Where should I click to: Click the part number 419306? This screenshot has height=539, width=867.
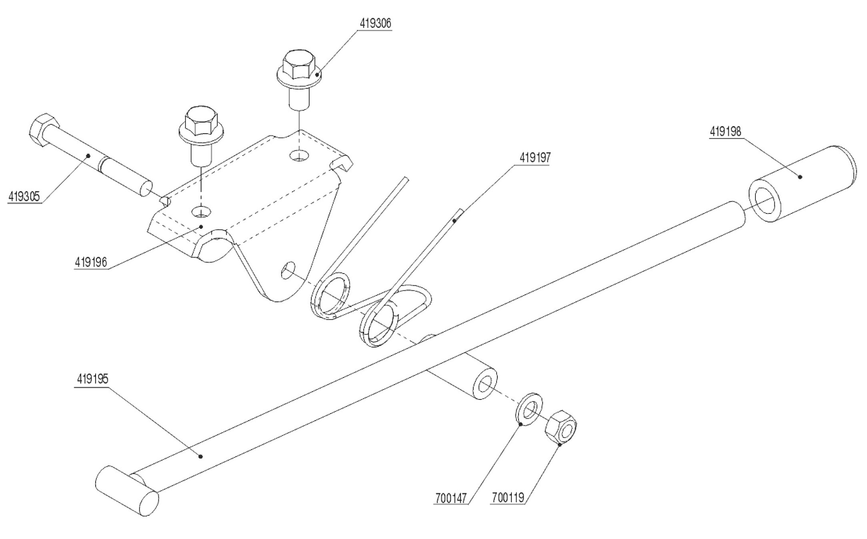(375, 24)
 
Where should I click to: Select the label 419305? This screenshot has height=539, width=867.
(24, 197)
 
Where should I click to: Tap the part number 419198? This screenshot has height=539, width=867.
(725, 132)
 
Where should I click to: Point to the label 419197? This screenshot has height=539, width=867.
(535, 158)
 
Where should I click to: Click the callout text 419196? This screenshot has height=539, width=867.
(91, 262)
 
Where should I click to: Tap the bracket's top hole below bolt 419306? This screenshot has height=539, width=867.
(299, 156)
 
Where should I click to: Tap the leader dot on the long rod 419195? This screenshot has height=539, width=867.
(201, 456)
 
